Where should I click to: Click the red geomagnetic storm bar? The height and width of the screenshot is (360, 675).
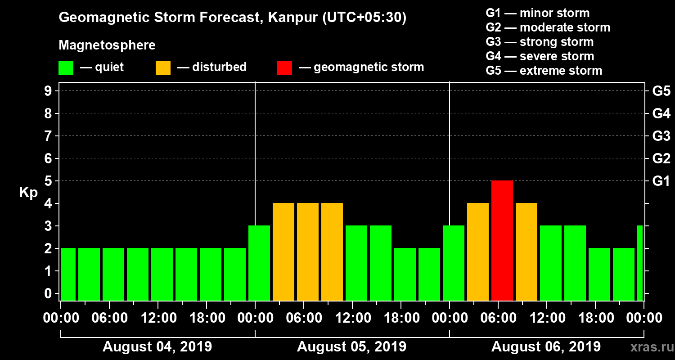coord(502,240)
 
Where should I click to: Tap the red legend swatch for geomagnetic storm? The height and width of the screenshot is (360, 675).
coord(284,67)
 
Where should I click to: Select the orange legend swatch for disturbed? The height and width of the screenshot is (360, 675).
coord(163,67)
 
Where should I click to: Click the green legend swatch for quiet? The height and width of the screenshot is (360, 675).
coord(66,67)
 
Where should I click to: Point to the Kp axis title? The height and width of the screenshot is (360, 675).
coord(28,193)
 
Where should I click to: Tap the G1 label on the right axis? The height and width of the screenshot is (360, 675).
coord(661,181)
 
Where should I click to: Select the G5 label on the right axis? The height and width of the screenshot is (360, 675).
coord(661,91)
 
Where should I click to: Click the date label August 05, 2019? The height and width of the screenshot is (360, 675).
coord(351,346)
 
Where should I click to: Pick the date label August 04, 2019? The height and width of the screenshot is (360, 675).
coord(157,346)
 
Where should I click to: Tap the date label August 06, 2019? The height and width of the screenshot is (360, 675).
coord(546,346)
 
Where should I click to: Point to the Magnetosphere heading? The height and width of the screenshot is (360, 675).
coord(107,45)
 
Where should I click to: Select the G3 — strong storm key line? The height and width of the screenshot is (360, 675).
coord(540,42)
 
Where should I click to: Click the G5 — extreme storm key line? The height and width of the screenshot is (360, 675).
coord(544,71)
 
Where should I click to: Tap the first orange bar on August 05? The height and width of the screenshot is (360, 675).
coord(283,252)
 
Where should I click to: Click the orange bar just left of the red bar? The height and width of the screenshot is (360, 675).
coord(478,252)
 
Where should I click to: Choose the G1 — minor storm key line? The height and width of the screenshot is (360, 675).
coord(537,13)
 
